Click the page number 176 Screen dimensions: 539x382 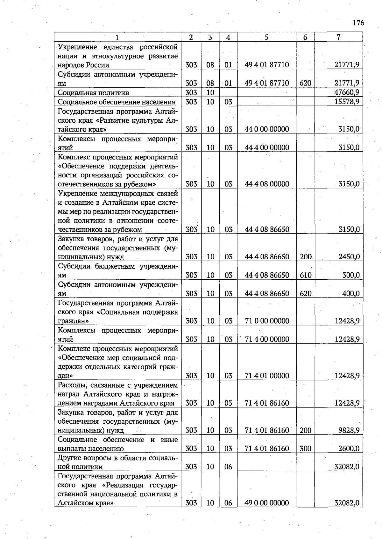tap(358, 23)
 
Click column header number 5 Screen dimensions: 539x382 tap(266, 37)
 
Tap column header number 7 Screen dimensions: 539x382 tap(339, 37)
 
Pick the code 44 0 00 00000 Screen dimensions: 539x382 tap(267, 129)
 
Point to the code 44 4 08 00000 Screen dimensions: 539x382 tap(267, 184)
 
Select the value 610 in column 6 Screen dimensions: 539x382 tap(306, 275)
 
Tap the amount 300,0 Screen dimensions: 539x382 tap(351, 275)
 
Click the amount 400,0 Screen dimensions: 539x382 tap(351, 294)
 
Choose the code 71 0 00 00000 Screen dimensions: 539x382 tap(267, 321)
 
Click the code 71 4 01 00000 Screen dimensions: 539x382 tap(267, 376)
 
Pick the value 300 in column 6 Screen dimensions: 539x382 tap(306, 448)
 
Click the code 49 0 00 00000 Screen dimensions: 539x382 tap(267, 503)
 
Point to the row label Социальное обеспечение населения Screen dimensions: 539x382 tap(117, 102)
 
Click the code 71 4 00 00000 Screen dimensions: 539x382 tap(267, 339)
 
